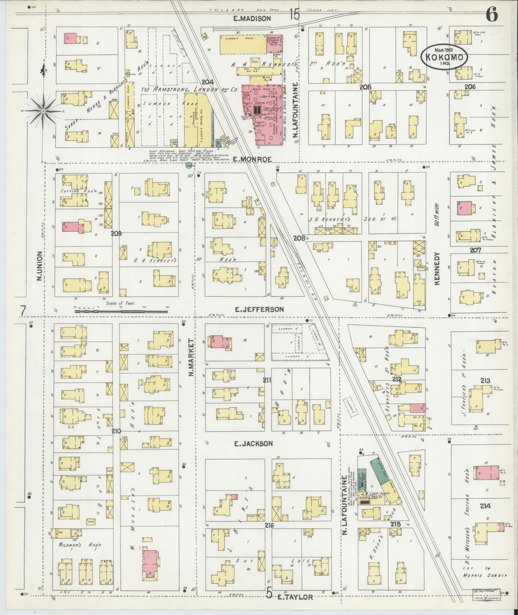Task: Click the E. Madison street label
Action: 252,18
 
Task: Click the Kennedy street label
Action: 437,268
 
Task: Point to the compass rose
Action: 43,111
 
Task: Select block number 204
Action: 209,82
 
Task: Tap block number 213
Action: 486,381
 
